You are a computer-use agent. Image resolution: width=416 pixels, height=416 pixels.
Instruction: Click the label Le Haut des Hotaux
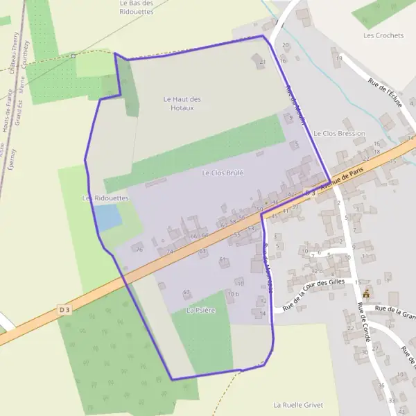tap(182, 103)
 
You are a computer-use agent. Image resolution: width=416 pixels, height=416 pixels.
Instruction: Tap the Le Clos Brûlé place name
tap(223, 172)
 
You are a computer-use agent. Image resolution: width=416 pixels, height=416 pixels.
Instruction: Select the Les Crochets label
tap(383, 35)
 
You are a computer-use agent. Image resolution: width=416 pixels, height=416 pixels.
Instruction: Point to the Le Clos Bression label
tap(339, 133)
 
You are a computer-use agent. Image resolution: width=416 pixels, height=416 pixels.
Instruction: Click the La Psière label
tap(200, 311)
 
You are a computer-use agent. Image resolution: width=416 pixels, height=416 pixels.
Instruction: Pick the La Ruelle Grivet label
tap(298, 404)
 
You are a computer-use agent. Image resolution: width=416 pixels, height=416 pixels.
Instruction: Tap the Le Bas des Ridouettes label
tap(136, 8)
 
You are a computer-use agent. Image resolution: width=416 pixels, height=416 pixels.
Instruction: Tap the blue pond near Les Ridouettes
tap(108, 218)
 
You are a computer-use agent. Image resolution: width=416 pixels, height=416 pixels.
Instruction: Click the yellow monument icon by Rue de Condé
tap(366, 293)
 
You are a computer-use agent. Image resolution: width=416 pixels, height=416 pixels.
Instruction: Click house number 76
tap(139, 250)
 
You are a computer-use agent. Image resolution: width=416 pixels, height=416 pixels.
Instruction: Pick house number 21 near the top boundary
tap(262, 62)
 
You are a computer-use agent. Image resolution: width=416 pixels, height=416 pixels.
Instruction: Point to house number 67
tap(187, 293)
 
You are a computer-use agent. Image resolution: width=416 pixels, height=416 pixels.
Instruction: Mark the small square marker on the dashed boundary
tap(73, 56)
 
